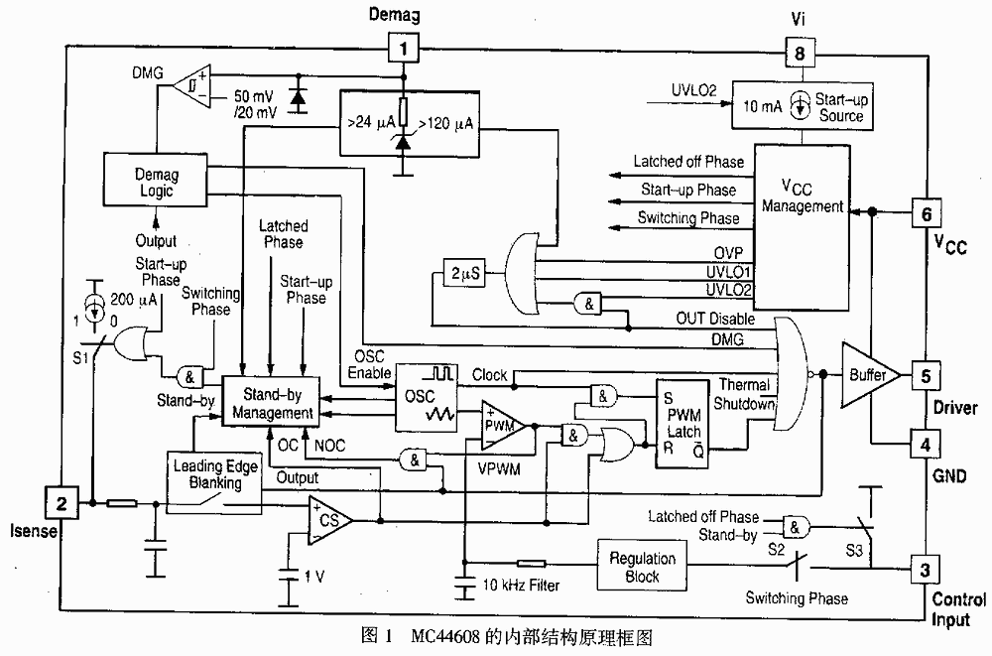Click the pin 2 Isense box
click(x=62, y=503)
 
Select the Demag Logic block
click(x=154, y=183)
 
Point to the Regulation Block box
click(x=643, y=567)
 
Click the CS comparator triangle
click(x=330, y=520)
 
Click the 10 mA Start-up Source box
click(x=800, y=108)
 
